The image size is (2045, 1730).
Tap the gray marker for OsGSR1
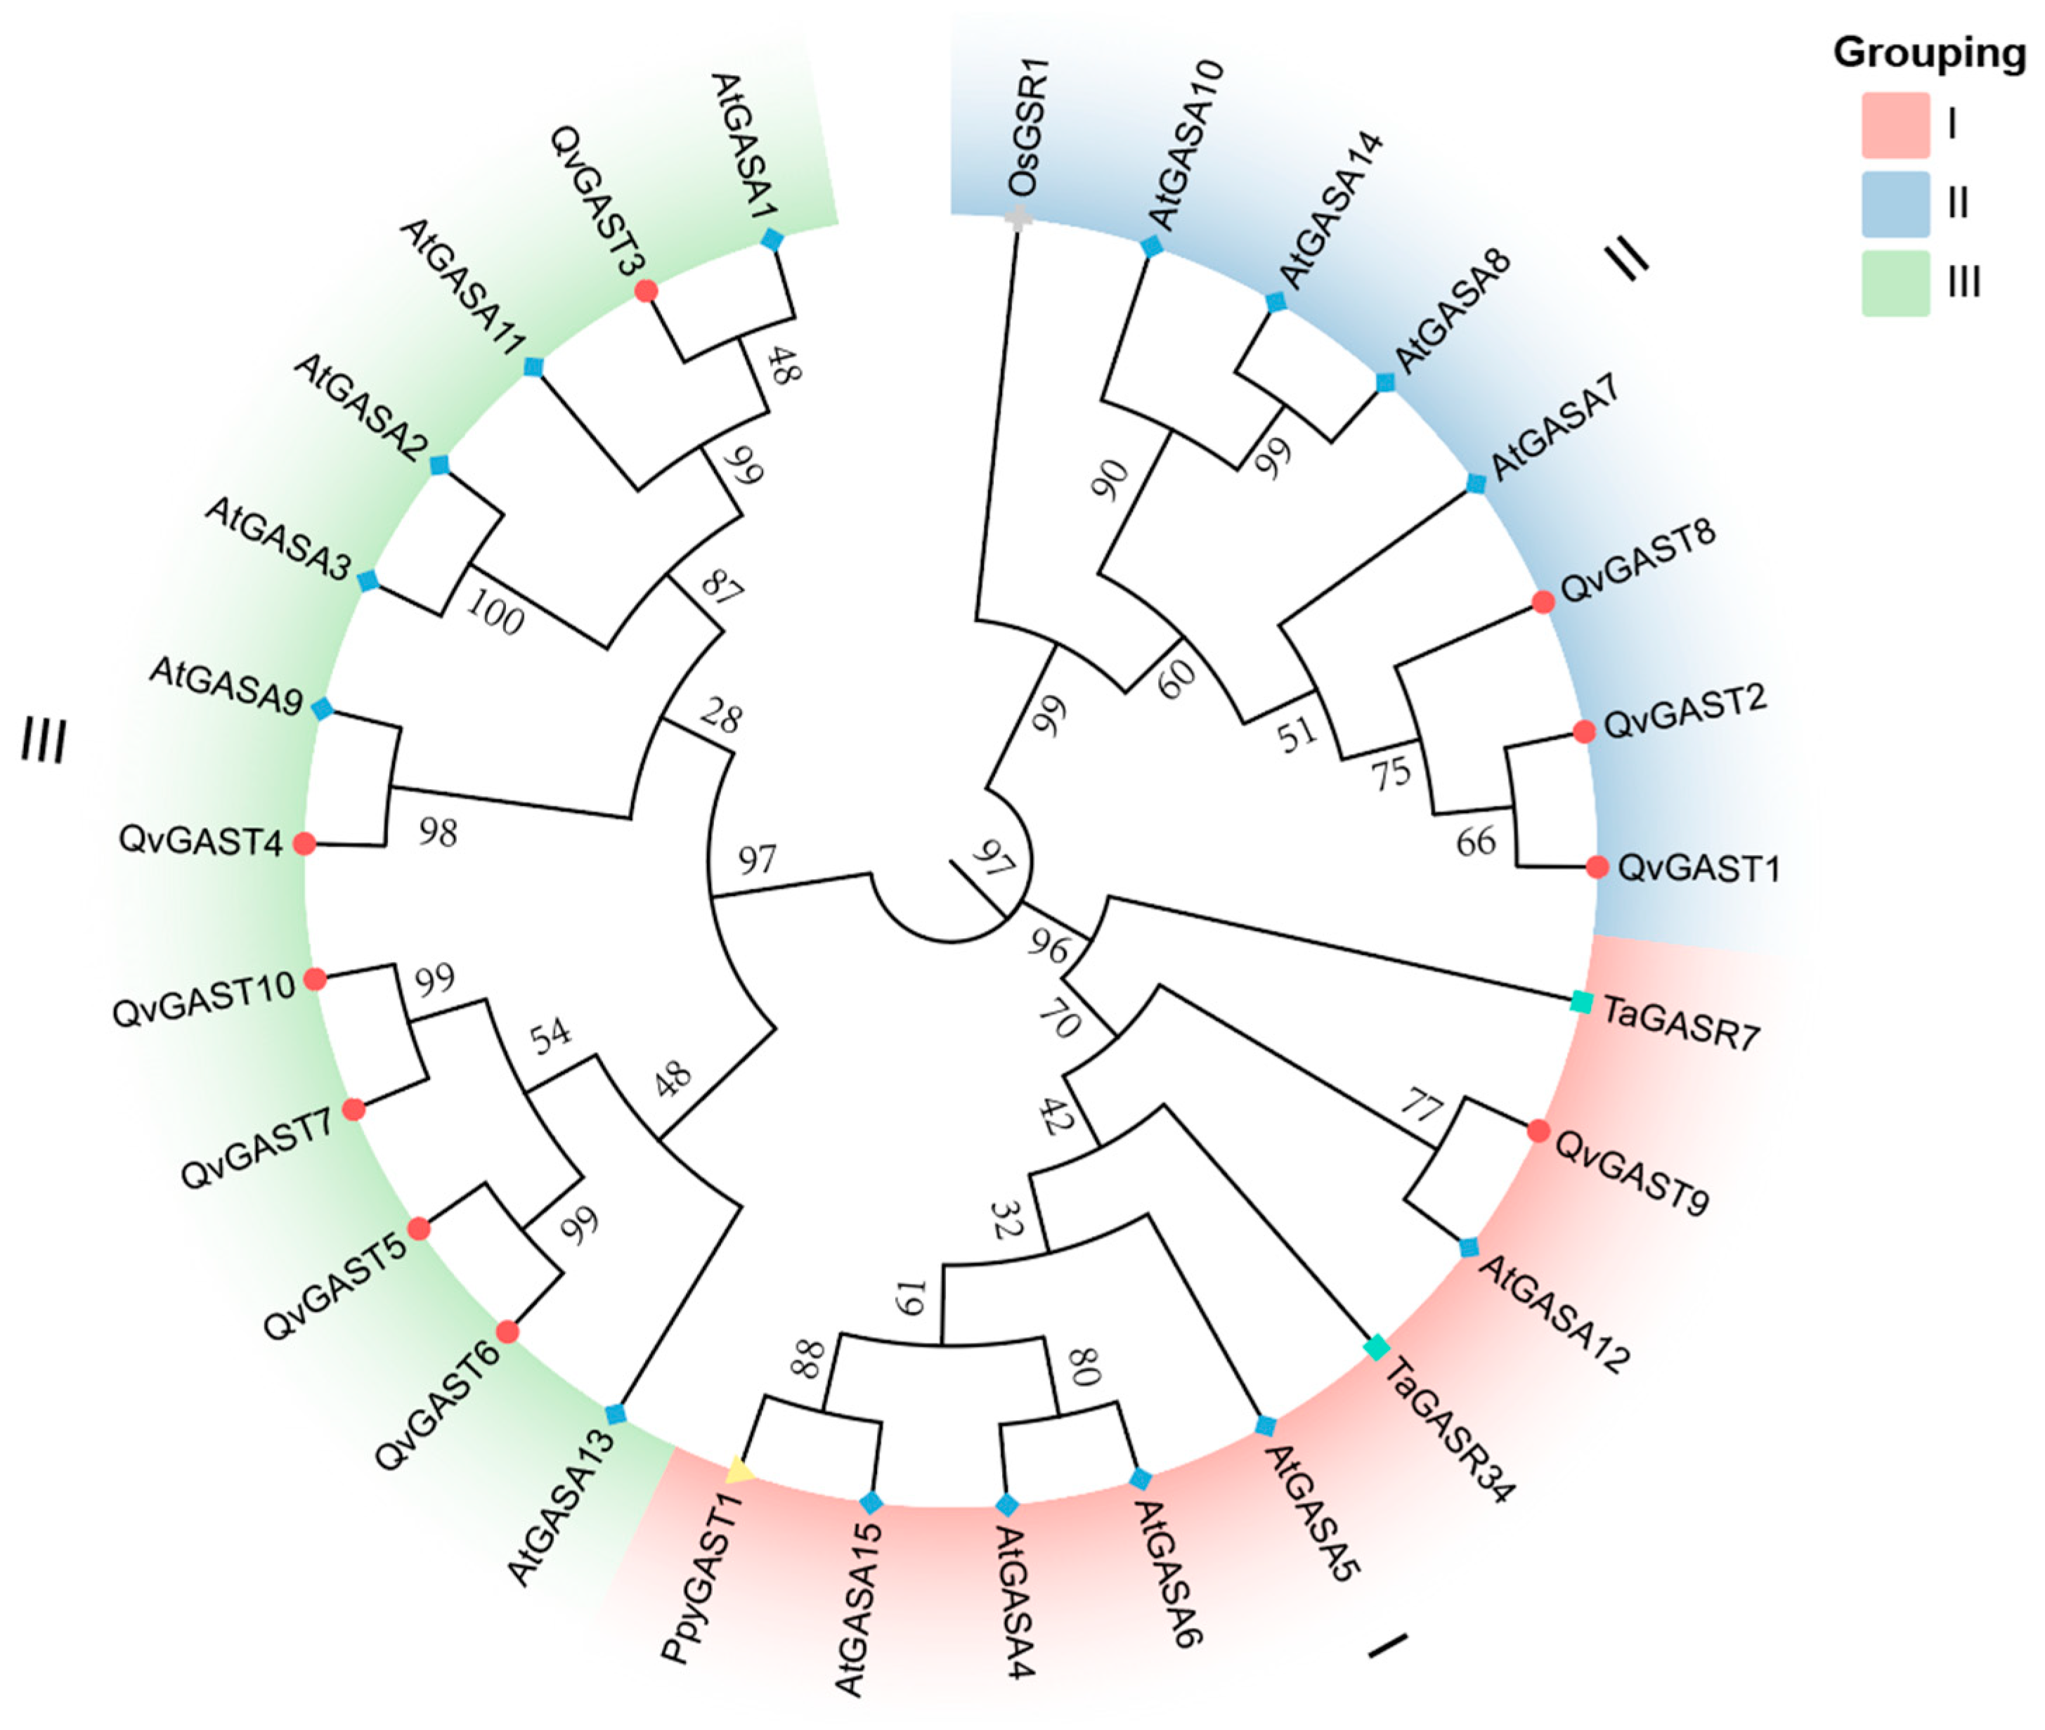pyautogui.click(x=1018, y=220)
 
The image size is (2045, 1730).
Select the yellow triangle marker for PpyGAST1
pyautogui.click(x=739, y=1468)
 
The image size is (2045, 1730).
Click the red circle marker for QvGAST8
pyautogui.click(x=1543, y=602)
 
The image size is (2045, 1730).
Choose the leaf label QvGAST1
pyautogui.click(x=1698, y=868)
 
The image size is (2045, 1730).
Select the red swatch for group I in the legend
pyautogui.click(x=1895, y=124)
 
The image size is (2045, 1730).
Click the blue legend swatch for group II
pyautogui.click(x=1895, y=204)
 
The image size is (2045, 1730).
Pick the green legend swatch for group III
pyautogui.click(x=1895, y=283)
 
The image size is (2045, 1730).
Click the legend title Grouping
pyautogui.click(x=1929, y=53)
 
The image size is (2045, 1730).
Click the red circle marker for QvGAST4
pyautogui.click(x=305, y=843)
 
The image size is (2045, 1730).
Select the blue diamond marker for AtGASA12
pyautogui.click(x=1468, y=1247)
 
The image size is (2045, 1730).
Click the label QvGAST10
pyautogui.click(x=204, y=999)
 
